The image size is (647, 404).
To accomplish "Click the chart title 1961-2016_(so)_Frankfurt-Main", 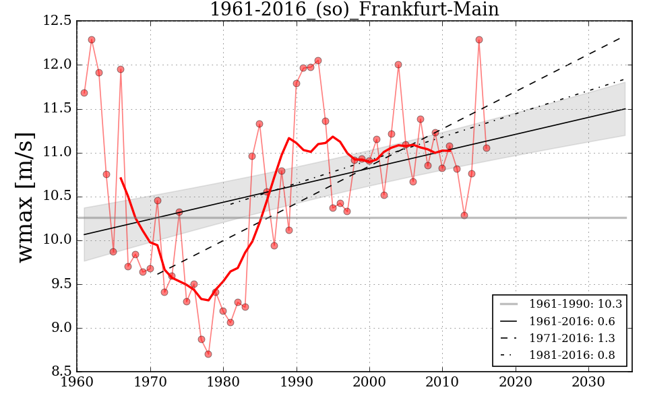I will pos(355,9).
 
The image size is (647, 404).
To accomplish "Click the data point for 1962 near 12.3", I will pos(92,40).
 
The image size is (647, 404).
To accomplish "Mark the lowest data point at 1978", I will pos(208,354).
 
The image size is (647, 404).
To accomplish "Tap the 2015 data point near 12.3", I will pos(479,40).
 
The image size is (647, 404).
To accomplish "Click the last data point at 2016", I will pos(487,148).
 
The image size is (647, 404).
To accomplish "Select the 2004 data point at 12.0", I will pos(398,65).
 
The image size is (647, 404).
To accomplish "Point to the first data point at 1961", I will pos(84,93).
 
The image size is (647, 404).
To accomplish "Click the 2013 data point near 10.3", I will pos(464,215).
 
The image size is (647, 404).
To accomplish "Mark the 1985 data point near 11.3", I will pos(259,124).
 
